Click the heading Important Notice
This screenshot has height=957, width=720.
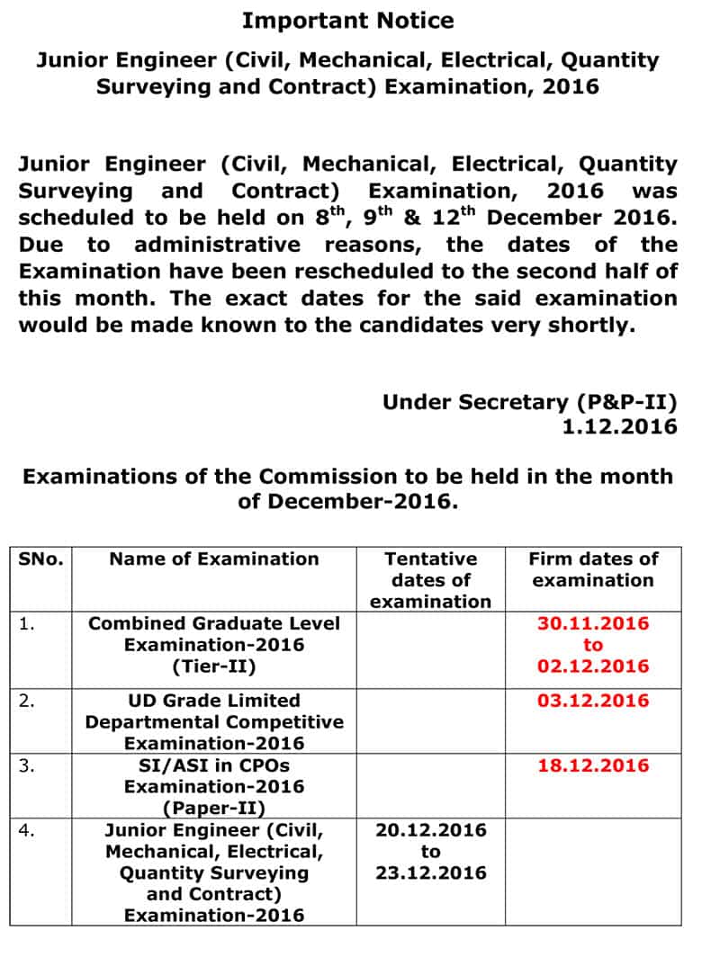tap(347, 20)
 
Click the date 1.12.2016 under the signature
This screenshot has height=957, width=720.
tap(619, 427)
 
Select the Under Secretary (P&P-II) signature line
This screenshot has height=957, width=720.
tap(529, 402)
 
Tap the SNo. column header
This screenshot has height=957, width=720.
tap(41, 559)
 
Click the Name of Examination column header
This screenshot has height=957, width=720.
tap(214, 559)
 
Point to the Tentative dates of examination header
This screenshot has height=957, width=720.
tap(430, 580)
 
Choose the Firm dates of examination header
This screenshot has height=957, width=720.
tap(592, 569)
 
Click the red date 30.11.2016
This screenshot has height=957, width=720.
tap(592, 623)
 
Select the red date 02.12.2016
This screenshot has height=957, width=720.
tap(592, 666)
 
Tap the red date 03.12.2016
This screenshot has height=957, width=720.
tap(592, 701)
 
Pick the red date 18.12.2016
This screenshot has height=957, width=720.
tap(592, 765)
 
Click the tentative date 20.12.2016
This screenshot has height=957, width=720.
tap(430, 830)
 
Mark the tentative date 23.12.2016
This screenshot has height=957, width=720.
tap(430, 873)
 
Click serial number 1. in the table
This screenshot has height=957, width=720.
tap(27, 623)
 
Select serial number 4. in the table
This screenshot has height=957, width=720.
tap(27, 830)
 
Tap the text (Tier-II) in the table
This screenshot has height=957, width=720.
tap(214, 666)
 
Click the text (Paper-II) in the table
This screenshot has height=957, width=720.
tap(214, 807)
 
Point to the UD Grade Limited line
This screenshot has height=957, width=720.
tap(214, 701)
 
